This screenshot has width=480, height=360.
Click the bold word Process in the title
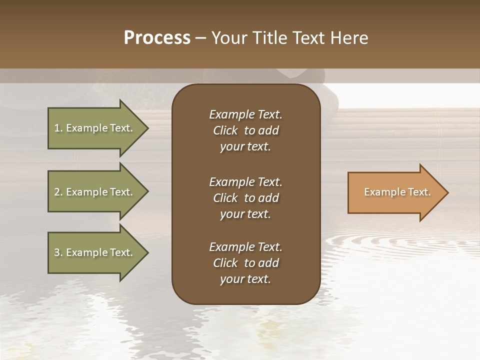pyautogui.click(x=157, y=38)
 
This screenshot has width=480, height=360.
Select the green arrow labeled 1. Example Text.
pyautogui.click(x=95, y=128)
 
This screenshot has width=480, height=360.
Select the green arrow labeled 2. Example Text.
pyautogui.click(x=95, y=192)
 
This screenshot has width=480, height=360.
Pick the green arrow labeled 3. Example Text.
pyautogui.click(x=95, y=252)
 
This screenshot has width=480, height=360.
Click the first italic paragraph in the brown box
pyautogui.click(x=245, y=130)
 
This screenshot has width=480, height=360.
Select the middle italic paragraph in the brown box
pyautogui.click(x=245, y=197)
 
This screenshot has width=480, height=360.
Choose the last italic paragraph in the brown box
pyautogui.click(x=245, y=263)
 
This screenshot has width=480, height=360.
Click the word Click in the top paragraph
pyautogui.click(x=225, y=130)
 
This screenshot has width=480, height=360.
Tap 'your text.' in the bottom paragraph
pyautogui.click(x=245, y=279)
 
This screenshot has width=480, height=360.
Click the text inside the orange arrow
pyautogui.click(x=397, y=192)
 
